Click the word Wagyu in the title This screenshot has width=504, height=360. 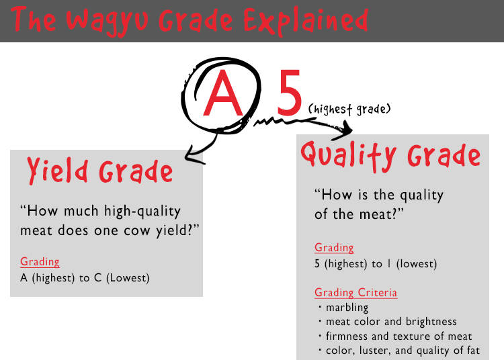click(x=107, y=21)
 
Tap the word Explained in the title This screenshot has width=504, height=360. click(x=306, y=21)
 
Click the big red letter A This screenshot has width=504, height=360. click(x=222, y=93)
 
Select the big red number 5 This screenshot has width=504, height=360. click(x=289, y=93)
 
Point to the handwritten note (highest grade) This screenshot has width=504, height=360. click(x=349, y=109)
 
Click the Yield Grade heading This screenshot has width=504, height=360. click(x=100, y=171)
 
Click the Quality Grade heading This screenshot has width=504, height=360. click(x=390, y=156)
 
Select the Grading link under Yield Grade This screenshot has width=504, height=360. click(x=40, y=262)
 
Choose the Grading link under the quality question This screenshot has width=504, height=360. click(x=334, y=248)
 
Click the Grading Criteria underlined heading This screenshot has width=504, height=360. click(x=355, y=293)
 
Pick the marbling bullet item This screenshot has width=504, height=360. click(x=343, y=308)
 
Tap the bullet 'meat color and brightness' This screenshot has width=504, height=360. click(x=387, y=322)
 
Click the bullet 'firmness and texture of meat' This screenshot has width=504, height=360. click(x=395, y=336)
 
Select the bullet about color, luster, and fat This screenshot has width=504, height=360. click(x=399, y=351)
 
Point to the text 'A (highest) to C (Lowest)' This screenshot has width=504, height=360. click(x=85, y=278)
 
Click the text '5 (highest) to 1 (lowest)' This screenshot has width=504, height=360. click(x=376, y=264)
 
